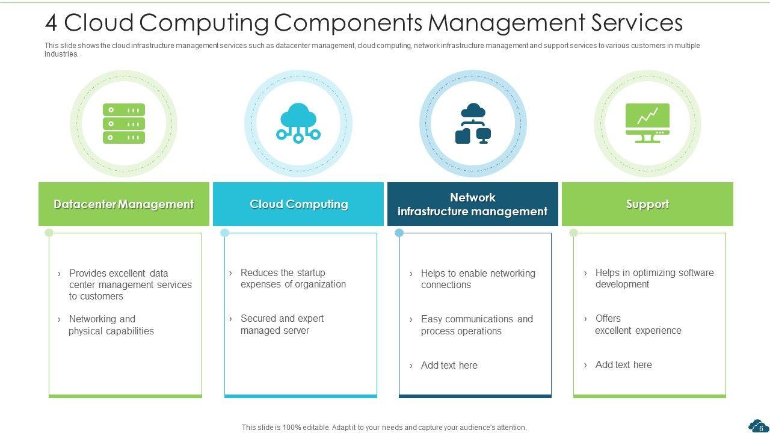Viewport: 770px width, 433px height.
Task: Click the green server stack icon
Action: (x=124, y=123)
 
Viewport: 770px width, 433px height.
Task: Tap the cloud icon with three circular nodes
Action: (x=298, y=123)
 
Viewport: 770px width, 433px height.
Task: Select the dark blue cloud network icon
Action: (x=473, y=124)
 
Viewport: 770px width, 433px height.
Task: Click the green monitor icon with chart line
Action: (x=647, y=123)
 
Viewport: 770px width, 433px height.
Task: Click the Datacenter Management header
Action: (x=124, y=204)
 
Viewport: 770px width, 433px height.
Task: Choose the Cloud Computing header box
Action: (x=298, y=204)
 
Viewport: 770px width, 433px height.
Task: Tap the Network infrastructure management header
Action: (x=473, y=204)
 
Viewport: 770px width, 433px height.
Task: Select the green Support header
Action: (x=647, y=204)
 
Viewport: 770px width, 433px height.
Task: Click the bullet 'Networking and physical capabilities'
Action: (x=111, y=325)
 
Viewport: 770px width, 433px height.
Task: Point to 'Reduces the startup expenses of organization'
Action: (x=293, y=278)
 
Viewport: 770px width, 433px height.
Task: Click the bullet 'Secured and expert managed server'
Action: (x=282, y=324)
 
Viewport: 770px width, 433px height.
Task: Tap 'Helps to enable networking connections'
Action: (x=478, y=279)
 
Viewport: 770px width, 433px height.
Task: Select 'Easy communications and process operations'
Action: (x=476, y=325)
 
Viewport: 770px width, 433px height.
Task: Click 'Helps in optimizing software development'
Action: (x=654, y=278)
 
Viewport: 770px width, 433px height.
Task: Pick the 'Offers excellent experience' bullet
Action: (x=638, y=324)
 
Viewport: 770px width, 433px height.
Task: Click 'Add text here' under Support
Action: (x=623, y=364)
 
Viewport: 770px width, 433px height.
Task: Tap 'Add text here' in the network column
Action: (x=449, y=365)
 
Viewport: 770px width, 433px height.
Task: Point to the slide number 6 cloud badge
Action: (x=758, y=426)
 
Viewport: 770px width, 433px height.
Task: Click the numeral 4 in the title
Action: (x=51, y=23)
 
